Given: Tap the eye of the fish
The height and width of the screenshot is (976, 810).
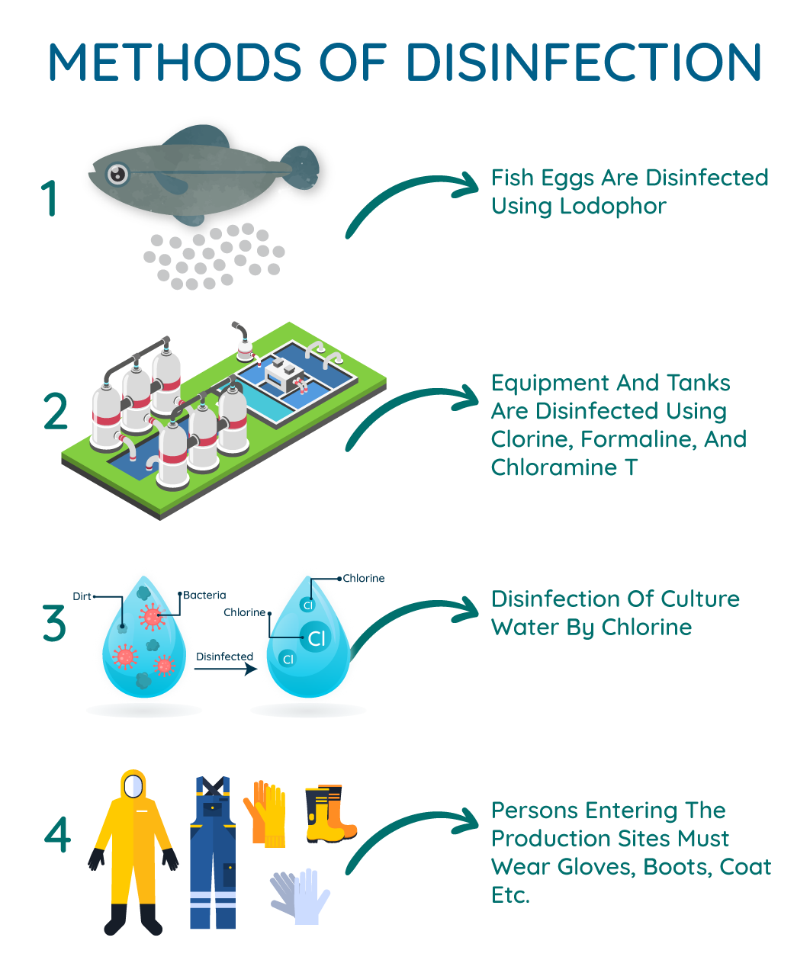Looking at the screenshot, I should (x=117, y=175).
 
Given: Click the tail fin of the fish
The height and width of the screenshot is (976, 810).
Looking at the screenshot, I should (x=301, y=168).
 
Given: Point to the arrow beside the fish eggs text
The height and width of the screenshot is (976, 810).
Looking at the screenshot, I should (x=416, y=198).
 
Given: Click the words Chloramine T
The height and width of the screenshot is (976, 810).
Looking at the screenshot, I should (x=564, y=467).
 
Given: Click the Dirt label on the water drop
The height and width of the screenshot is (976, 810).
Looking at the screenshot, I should (x=82, y=596).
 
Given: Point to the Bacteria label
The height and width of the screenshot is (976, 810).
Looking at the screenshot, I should (x=205, y=595).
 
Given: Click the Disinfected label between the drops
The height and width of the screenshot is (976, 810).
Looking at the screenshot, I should (x=224, y=656).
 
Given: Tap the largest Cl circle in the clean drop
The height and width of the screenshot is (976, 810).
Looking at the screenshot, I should (x=316, y=637).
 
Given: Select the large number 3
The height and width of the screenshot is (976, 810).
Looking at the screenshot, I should (x=54, y=624).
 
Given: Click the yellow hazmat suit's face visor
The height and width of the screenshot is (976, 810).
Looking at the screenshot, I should (x=133, y=785).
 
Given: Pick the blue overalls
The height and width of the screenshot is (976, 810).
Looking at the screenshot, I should (x=213, y=854).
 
